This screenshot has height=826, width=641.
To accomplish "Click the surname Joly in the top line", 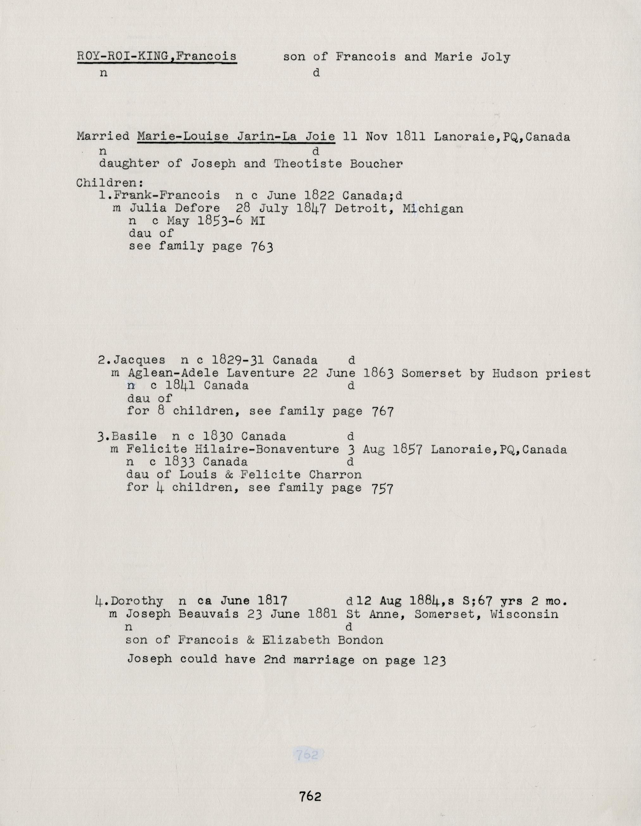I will tap(495, 57).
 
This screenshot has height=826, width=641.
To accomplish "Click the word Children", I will tap(107, 183).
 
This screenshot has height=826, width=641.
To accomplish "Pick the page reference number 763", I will tap(262, 247).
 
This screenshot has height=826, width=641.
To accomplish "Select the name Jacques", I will tap(140, 360).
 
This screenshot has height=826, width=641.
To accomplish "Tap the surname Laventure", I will tap(260, 373).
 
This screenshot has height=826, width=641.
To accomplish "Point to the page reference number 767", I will tap(382, 412).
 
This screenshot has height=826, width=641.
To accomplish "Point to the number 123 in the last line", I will tap(435, 660).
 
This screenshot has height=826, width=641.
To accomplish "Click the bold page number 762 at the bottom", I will tap(310, 796).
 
